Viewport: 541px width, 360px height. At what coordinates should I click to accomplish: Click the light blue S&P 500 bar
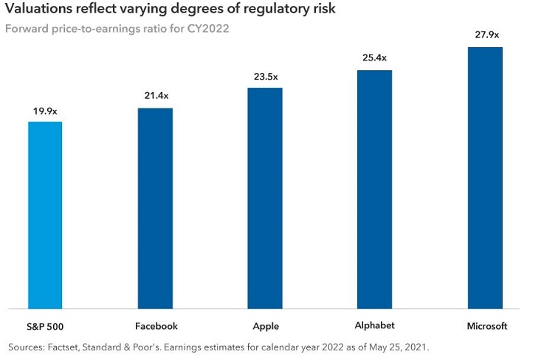(45, 215)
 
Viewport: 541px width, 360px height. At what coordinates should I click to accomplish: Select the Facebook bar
(155, 208)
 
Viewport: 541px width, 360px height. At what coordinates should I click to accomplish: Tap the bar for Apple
(264, 198)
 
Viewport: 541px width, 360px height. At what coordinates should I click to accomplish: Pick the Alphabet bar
(374, 189)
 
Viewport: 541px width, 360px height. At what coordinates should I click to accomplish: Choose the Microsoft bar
(485, 178)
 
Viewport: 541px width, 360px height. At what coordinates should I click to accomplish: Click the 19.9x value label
(45, 111)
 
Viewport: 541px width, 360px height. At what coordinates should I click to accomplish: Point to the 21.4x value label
(155, 97)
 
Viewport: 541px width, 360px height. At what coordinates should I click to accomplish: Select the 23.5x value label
(264, 77)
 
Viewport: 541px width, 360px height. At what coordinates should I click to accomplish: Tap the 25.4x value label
(374, 59)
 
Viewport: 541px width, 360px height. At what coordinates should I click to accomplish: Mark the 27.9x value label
(485, 35)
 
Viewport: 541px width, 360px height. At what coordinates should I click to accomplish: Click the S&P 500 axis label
(45, 326)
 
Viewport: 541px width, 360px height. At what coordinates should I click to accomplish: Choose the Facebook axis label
(156, 326)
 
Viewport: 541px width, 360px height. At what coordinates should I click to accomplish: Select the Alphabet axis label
(374, 325)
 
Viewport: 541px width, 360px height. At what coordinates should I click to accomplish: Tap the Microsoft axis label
(485, 326)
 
